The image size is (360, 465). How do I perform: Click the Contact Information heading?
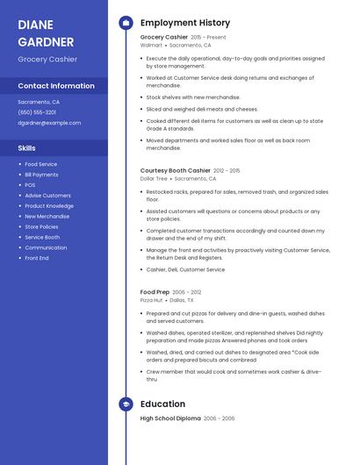pos(56,86)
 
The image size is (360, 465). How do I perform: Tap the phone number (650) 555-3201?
pos(37,112)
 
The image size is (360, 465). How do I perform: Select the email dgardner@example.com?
pos(49,123)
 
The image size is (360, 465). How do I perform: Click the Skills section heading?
pos(26,148)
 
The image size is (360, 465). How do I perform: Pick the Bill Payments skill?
pos(41,175)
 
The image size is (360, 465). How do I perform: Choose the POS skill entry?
pos(30,185)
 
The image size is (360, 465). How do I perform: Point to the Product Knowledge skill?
pos(49,206)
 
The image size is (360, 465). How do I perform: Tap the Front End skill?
pos(37,258)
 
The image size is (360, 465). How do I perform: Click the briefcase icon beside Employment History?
pos(125,23)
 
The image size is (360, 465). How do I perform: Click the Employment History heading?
pos(185,23)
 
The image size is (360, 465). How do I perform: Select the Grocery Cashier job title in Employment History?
pos(164,38)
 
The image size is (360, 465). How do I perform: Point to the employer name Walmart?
pos(151,45)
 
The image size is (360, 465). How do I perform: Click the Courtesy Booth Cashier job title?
pos(176,170)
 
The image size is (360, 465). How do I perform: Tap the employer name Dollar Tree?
pos(154,178)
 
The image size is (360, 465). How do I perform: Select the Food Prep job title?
pos(155,292)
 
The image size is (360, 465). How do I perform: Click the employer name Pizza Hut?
pos(151,300)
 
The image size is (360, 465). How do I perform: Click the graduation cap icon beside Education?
pos(125,404)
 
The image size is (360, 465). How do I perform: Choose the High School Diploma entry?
pos(170,418)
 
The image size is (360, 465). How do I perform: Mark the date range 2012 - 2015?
pos(227,170)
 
